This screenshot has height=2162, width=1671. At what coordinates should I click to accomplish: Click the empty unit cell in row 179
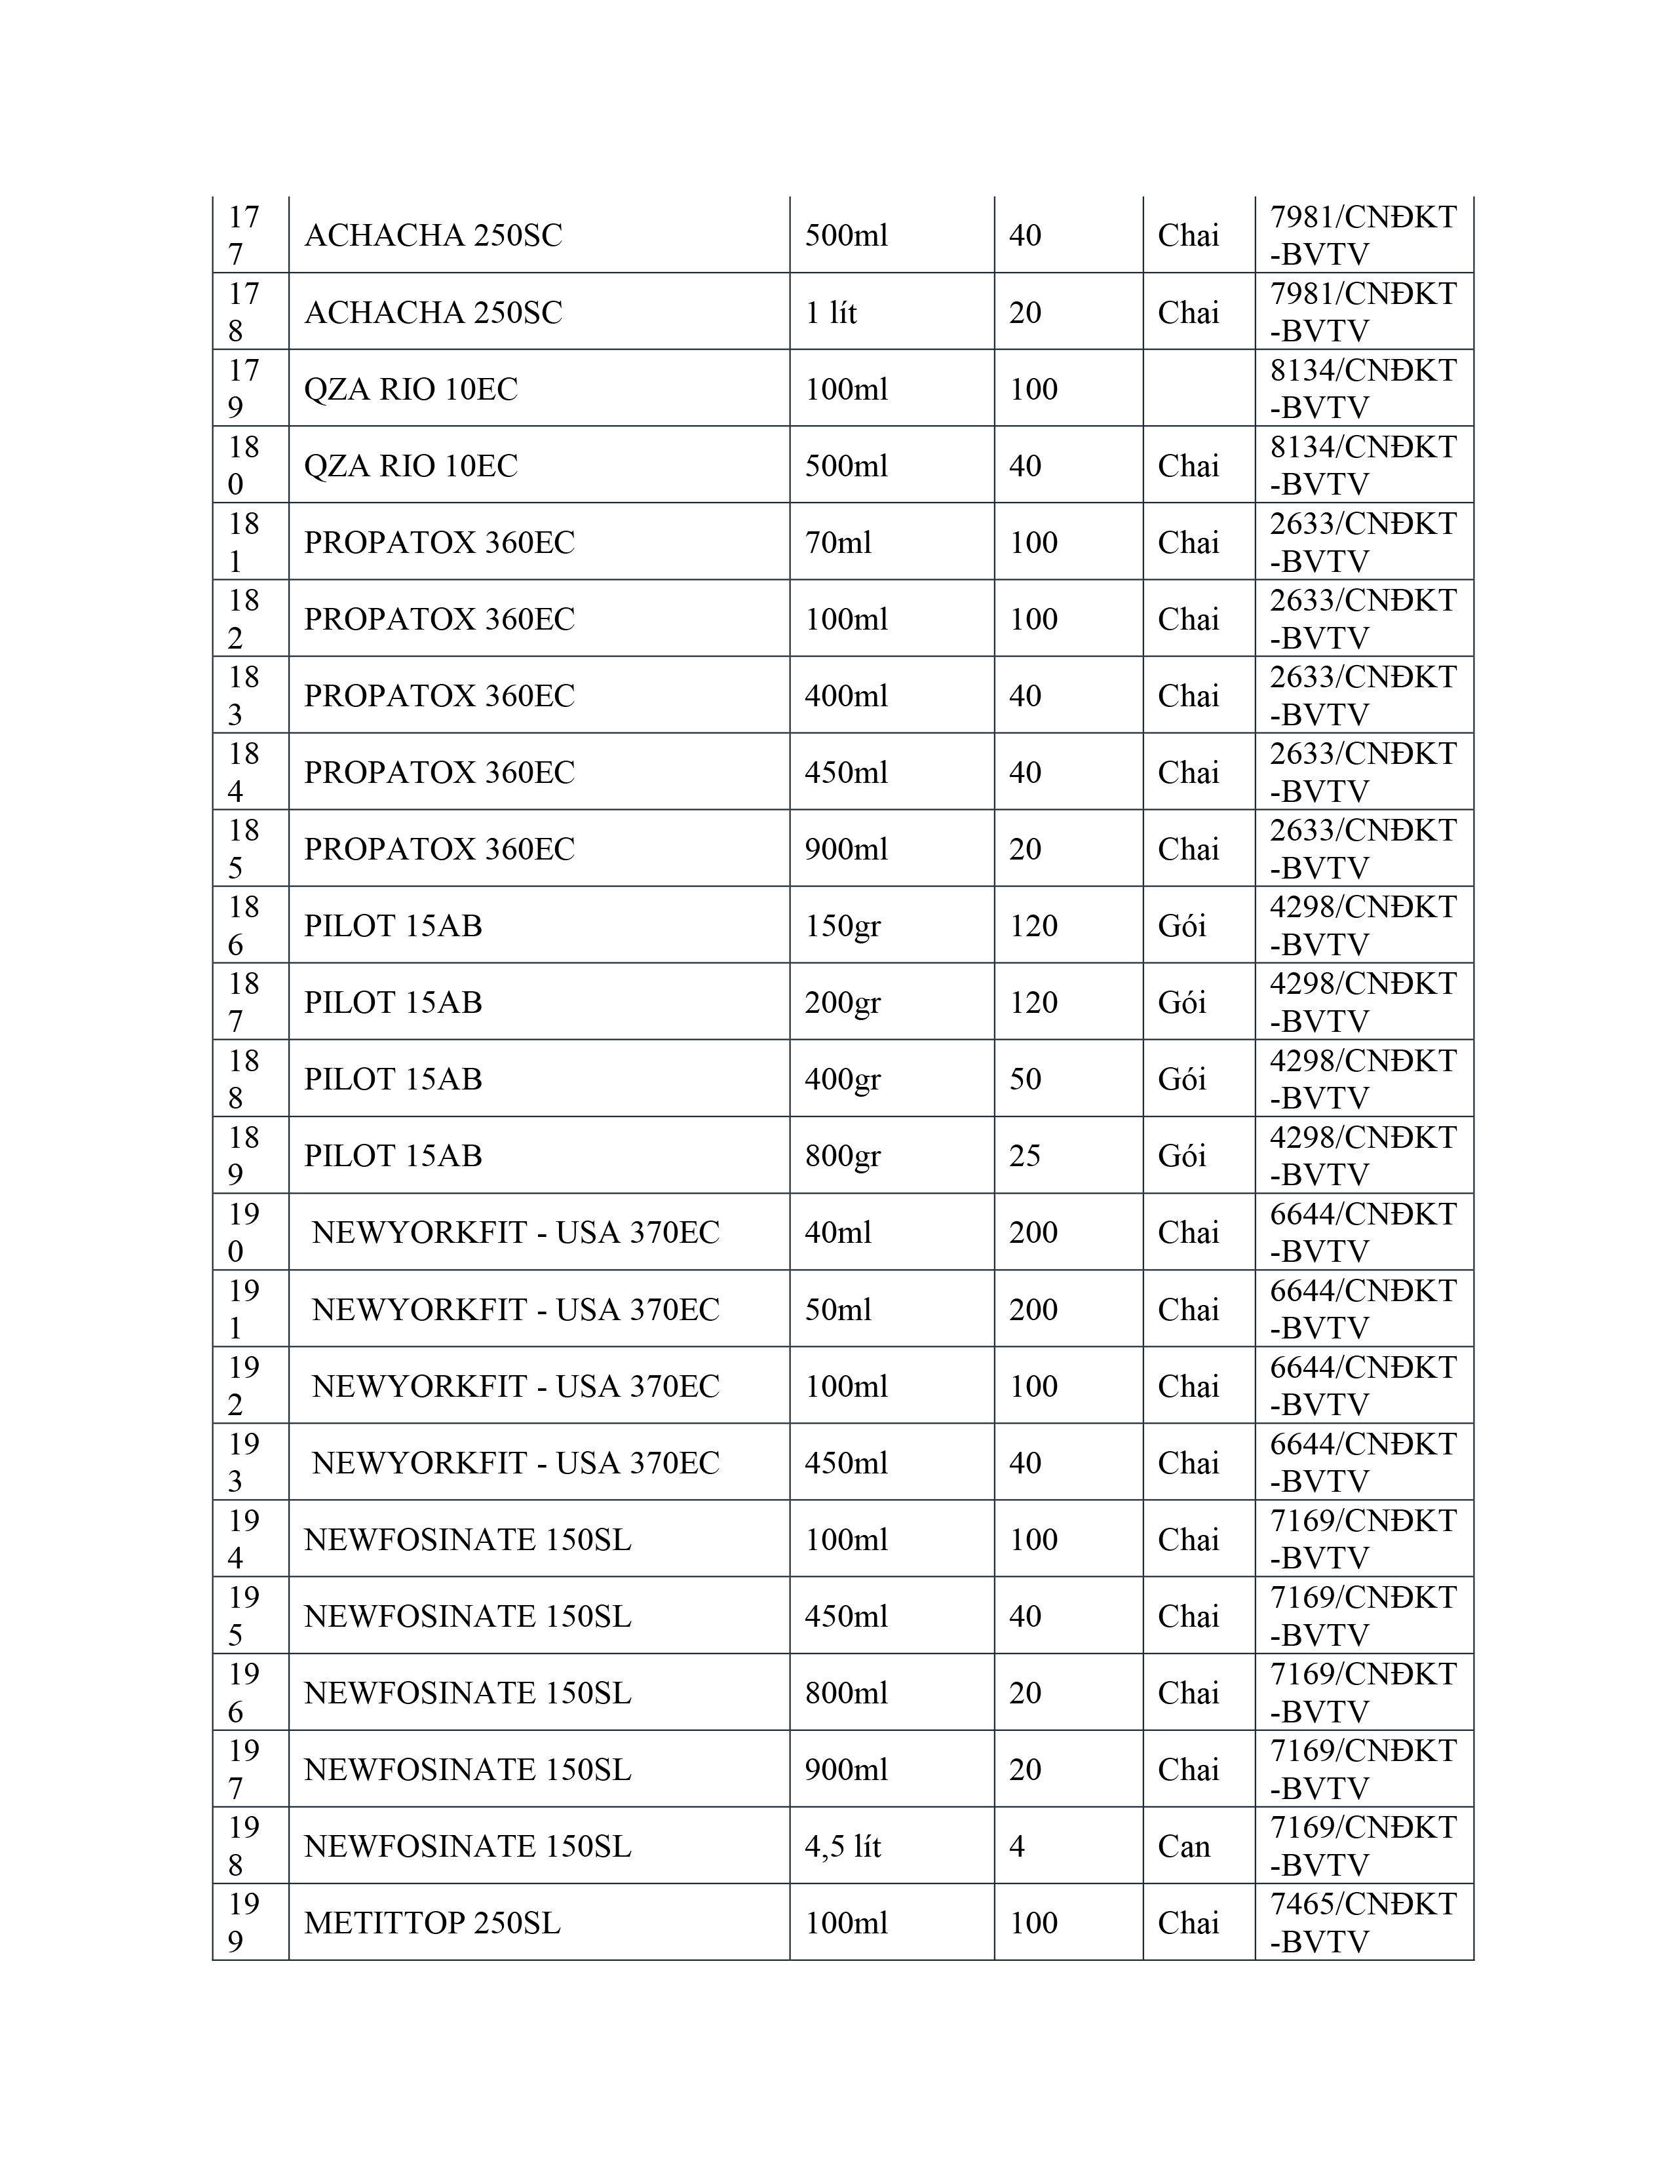1198,388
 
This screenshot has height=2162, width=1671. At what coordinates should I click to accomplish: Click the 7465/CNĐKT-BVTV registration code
1363,1922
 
